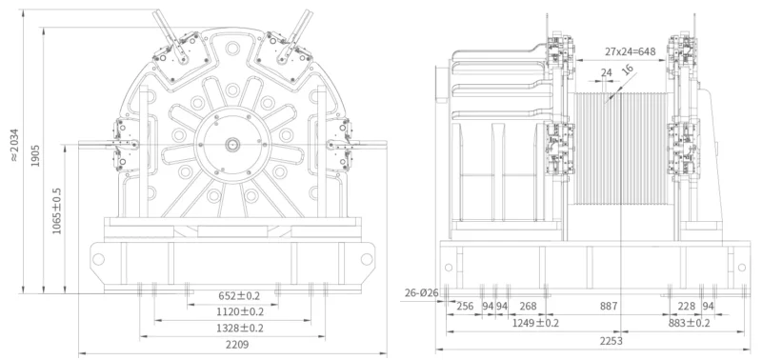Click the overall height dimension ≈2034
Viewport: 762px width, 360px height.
tap(14, 145)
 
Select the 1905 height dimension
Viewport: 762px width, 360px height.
tap(35, 156)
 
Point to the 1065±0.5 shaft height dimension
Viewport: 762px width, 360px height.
tap(57, 210)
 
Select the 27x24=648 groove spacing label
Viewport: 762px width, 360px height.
tap(631, 51)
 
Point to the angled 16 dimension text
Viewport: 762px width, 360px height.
tap(628, 70)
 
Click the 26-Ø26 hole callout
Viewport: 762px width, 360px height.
tap(421, 292)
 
